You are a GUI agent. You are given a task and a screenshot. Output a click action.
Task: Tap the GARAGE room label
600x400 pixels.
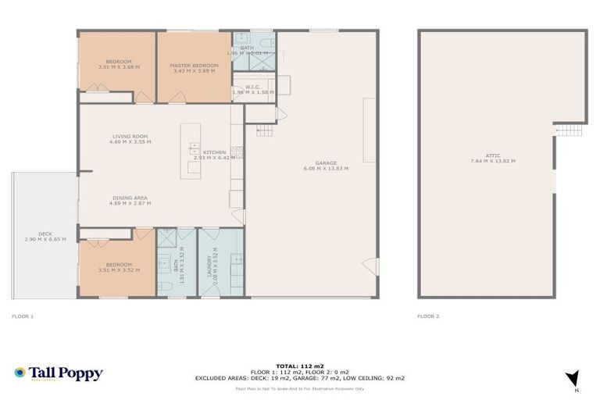pyautogui.click(x=326, y=163)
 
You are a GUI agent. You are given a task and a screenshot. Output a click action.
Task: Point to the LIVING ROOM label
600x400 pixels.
pyautogui.click(x=130, y=137)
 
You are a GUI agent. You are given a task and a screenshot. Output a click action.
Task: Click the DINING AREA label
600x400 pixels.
pyautogui.click(x=130, y=198)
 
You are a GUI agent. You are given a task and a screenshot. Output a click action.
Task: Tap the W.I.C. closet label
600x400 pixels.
pyautogui.click(x=252, y=87)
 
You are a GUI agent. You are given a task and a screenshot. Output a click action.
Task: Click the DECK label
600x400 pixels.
pyautogui.click(x=45, y=234)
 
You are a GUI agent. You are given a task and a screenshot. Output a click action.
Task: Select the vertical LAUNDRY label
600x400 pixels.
pyautogui.click(x=209, y=263)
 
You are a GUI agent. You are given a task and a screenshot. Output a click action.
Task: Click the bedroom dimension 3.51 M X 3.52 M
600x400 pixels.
pyautogui.click(x=119, y=270)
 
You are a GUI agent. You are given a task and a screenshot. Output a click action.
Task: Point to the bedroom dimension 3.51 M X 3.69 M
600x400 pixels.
pyautogui.click(x=119, y=67)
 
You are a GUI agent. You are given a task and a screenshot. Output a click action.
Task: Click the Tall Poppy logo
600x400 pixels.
pyautogui.click(x=59, y=373)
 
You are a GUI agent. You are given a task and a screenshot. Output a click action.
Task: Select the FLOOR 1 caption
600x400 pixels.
pyautogui.click(x=23, y=316)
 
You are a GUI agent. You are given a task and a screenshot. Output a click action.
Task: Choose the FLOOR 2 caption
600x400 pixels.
pyautogui.click(x=428, y=316)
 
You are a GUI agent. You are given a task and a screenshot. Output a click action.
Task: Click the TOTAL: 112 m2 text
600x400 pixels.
pyautogui.click(x=299, y=366)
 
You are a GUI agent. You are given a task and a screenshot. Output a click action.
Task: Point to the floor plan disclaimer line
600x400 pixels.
pyautogui.click(x=299, y=388)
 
